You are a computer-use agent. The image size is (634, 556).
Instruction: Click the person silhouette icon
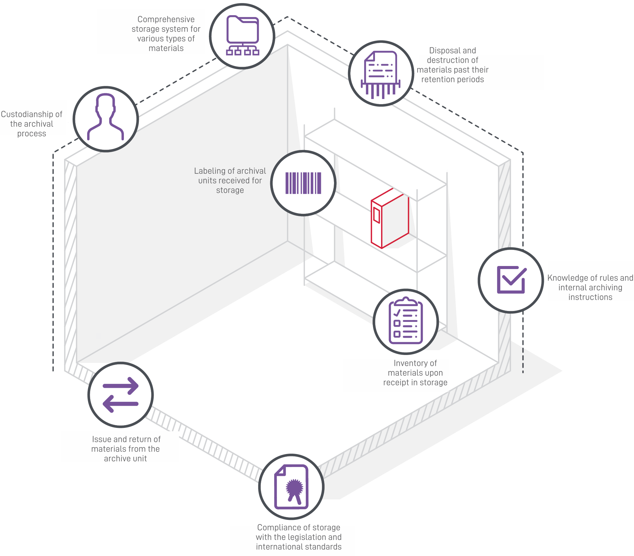click(105, 117)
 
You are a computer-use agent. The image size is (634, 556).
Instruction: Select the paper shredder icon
click(380, 75)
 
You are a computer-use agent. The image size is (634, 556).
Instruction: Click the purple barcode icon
click(303, 183)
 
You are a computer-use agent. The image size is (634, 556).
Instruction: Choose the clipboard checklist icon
click(406, 320)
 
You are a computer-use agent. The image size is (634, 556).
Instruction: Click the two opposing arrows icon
click(120, 395)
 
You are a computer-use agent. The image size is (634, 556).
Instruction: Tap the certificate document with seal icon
click(291, 487)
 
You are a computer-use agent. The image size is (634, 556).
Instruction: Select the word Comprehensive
click(166, 19)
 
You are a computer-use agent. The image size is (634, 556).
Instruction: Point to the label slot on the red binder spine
click(377, 215)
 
